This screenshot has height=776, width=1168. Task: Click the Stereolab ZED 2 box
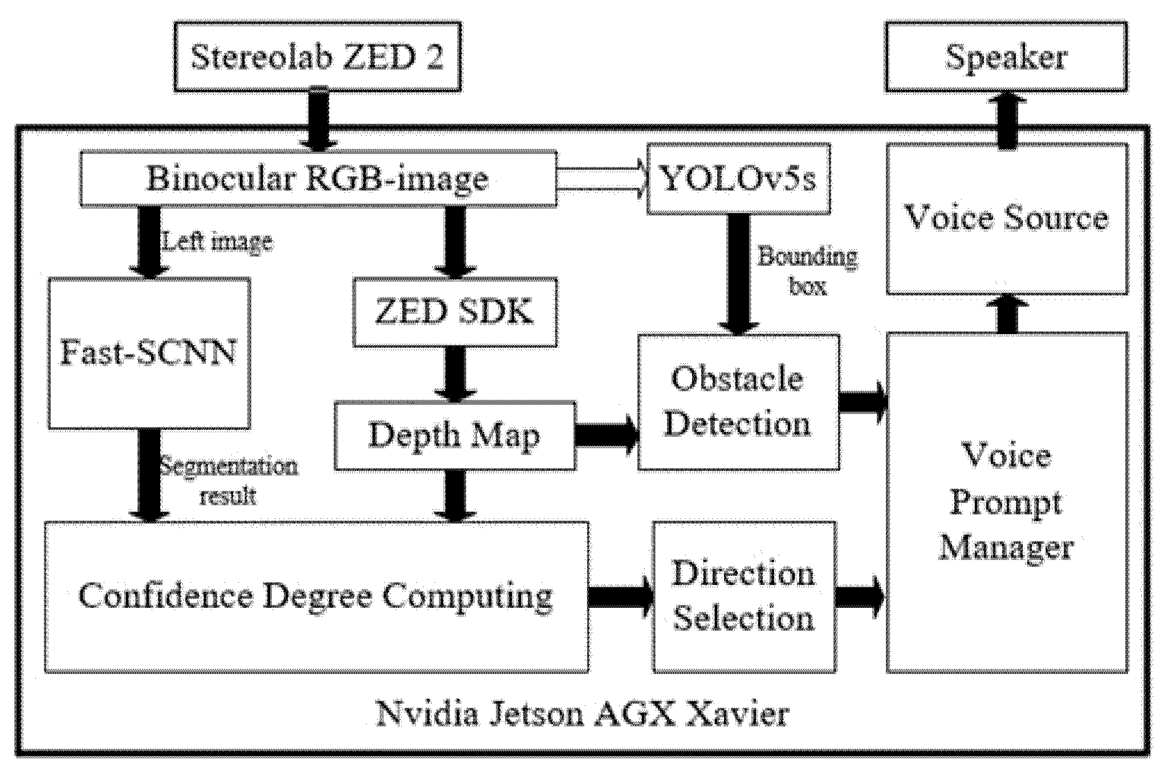coord(317,57)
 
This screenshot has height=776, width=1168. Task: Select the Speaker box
coord(1006,57)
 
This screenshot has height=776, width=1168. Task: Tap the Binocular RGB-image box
coord(318,178)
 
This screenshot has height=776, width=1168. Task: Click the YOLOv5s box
coord(738,179)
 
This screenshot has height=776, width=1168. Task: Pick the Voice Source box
coord(1007,219)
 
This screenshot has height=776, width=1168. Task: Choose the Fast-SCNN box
coord(149,354)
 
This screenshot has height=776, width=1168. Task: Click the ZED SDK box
coord(454,312)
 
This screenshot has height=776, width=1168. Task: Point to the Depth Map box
coord(454,436)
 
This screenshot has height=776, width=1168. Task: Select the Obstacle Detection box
coord(738,403)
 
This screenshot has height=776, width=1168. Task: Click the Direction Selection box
coord(744,596)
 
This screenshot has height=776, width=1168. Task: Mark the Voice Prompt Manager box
coord(1007,502)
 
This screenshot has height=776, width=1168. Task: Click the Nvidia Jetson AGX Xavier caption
coord(581,714)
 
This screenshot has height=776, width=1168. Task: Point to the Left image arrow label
coord(217,242)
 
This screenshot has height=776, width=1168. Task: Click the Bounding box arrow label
coord(807,271)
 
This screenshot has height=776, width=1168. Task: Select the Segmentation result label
coord(228,481)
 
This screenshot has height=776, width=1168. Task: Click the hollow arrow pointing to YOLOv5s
coord(601,179)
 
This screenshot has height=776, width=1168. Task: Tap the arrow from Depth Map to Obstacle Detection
coord(607,436)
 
